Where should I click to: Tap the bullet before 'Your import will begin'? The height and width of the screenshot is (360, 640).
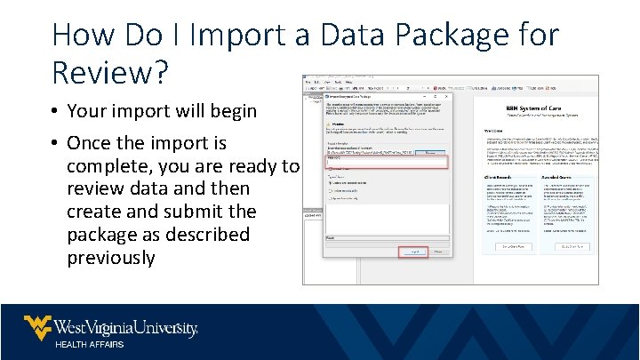point(55,113)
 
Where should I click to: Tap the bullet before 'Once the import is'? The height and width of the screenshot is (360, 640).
point(55,143)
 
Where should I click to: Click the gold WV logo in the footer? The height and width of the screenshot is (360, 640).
point(37,328)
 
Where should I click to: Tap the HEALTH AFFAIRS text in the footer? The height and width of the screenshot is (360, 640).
point(91,345)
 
